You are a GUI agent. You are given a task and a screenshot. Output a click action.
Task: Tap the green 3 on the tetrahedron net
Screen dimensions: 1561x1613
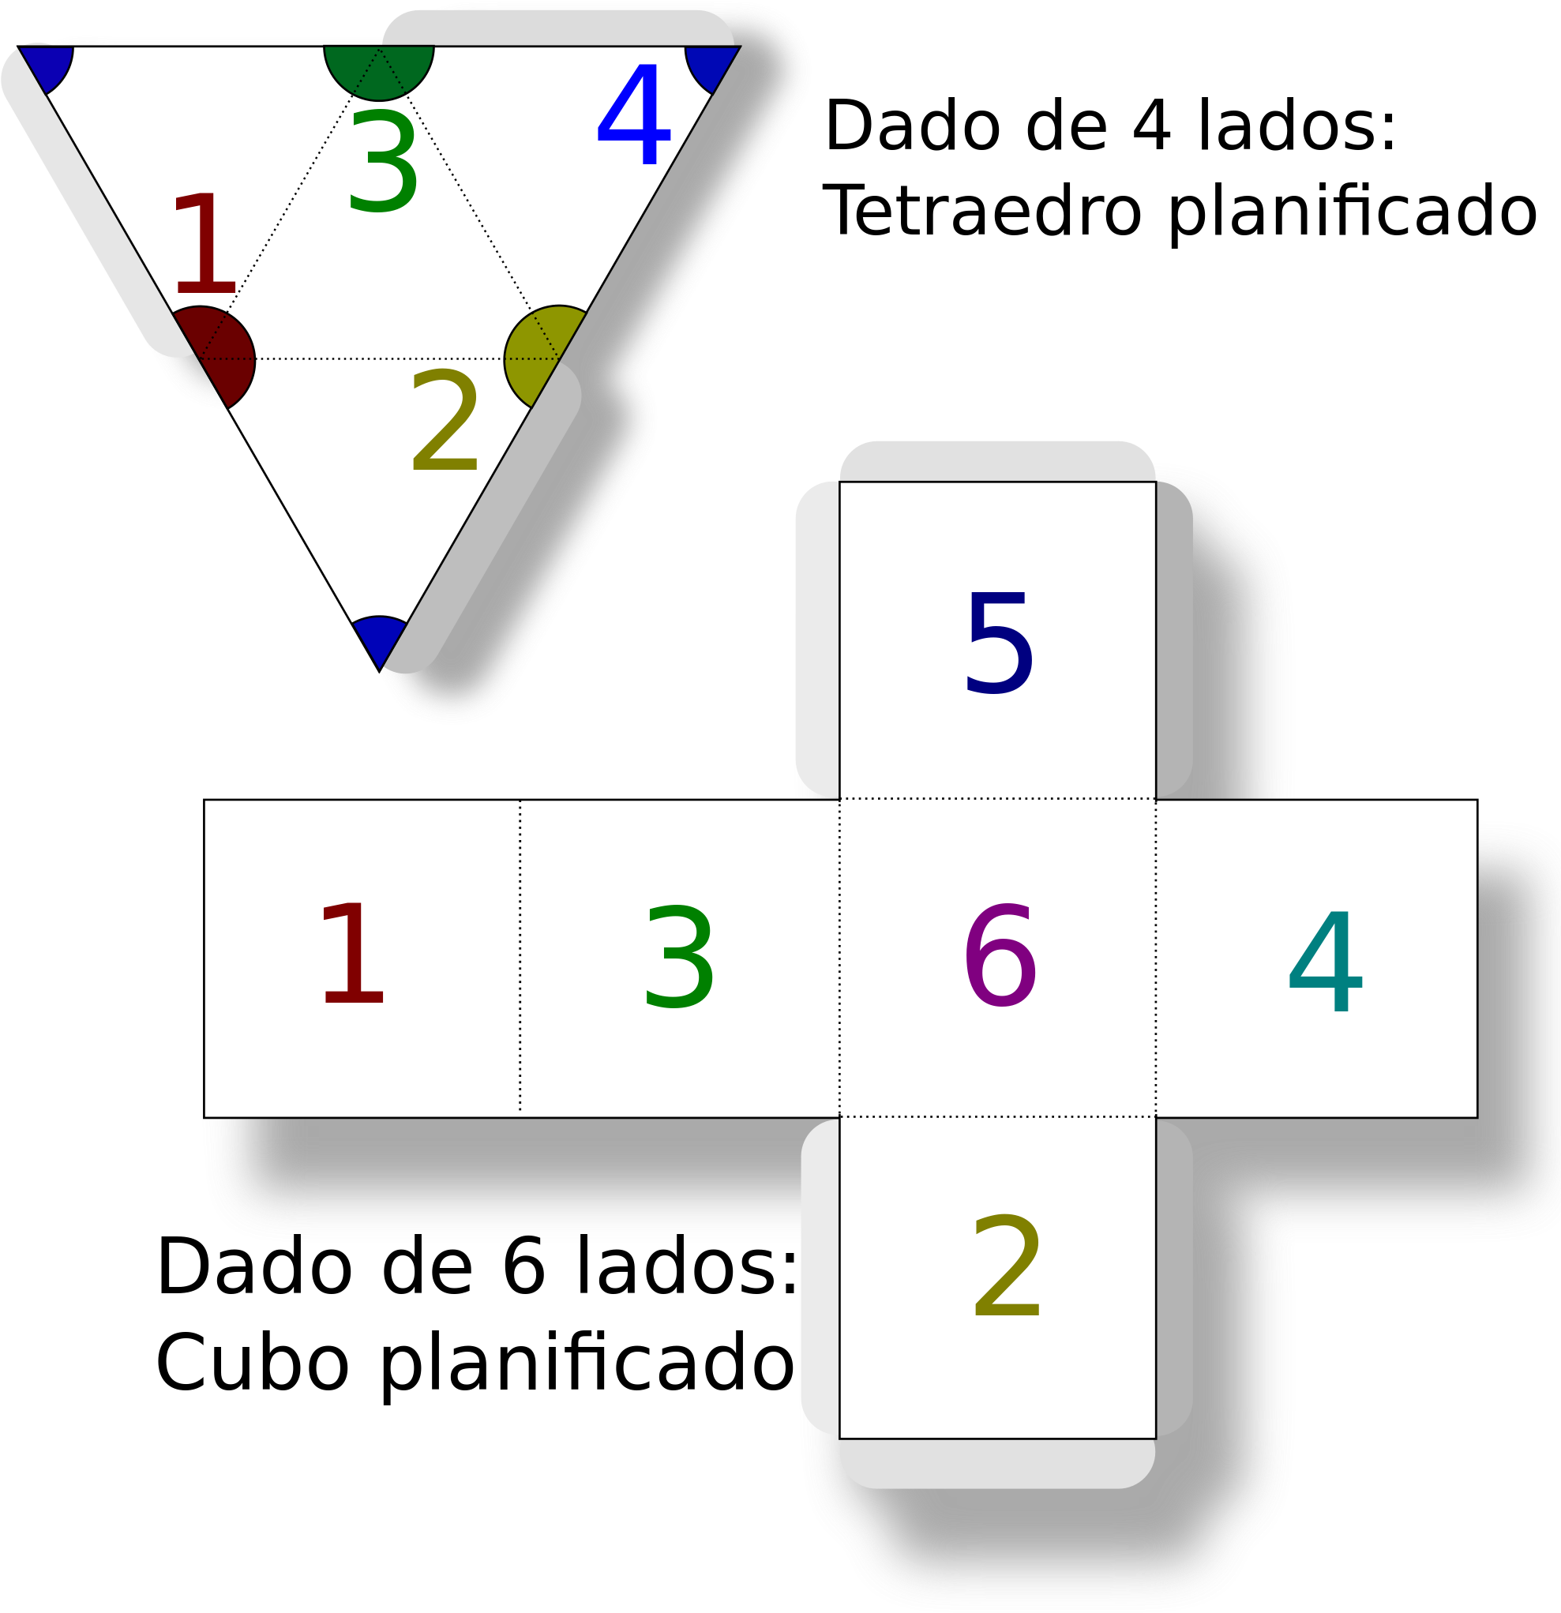[x=384, y=163]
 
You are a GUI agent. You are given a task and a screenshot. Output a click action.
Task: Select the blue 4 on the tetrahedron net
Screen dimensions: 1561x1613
[x=633, y=114]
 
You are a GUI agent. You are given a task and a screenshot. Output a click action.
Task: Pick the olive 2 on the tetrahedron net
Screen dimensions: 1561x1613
[x=445, y=422]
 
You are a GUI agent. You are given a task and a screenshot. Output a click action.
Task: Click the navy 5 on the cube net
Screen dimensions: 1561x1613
[x=998, y=643]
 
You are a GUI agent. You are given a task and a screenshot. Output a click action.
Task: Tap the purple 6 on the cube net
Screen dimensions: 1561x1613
[x=1000, y=955]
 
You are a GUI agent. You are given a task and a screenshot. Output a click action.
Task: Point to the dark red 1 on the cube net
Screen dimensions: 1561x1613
[x=353, y=954]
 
